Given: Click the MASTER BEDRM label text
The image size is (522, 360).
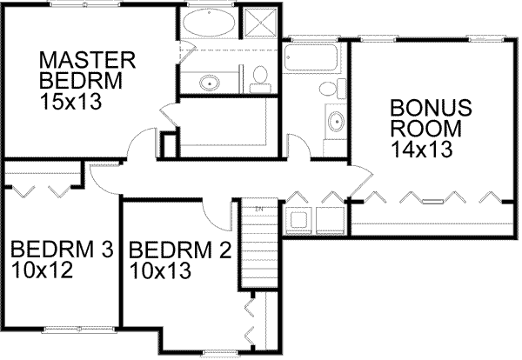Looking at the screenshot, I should [x=88, y=70].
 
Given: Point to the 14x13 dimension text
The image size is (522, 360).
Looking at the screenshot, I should [x=420, y=150].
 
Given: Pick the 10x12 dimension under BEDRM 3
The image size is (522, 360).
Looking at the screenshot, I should [x=41, y=270].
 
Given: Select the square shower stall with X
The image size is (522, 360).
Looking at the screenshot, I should [x=260, y=23].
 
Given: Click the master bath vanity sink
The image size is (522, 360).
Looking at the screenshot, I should [x=209, y=83].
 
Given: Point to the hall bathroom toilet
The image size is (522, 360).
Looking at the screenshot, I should [x=326, y=90].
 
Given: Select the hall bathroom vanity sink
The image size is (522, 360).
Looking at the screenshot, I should [x=336, y=120].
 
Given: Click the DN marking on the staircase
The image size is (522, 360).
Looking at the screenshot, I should [x=258, y=210].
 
